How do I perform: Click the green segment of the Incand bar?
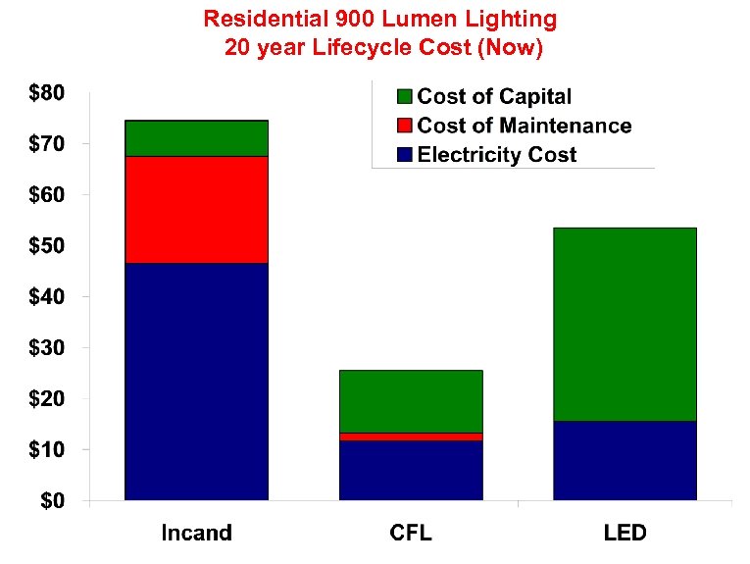[196, 138]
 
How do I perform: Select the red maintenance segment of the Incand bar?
[196, 209]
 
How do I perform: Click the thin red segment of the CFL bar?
[410, 436]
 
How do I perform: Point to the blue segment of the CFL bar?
[410, 470]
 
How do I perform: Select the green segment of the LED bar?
[625, 324]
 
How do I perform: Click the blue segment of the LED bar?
[625, 460]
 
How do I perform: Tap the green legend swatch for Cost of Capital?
[404, 96]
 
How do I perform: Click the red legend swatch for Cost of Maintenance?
[404, 126]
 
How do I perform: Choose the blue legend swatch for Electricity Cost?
[404, 155]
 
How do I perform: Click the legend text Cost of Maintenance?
[524, 126]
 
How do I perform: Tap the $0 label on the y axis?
[50, 501]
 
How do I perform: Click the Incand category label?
[196, 534]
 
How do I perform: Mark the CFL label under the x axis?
[410, 534]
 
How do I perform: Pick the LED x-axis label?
[625, 534]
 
